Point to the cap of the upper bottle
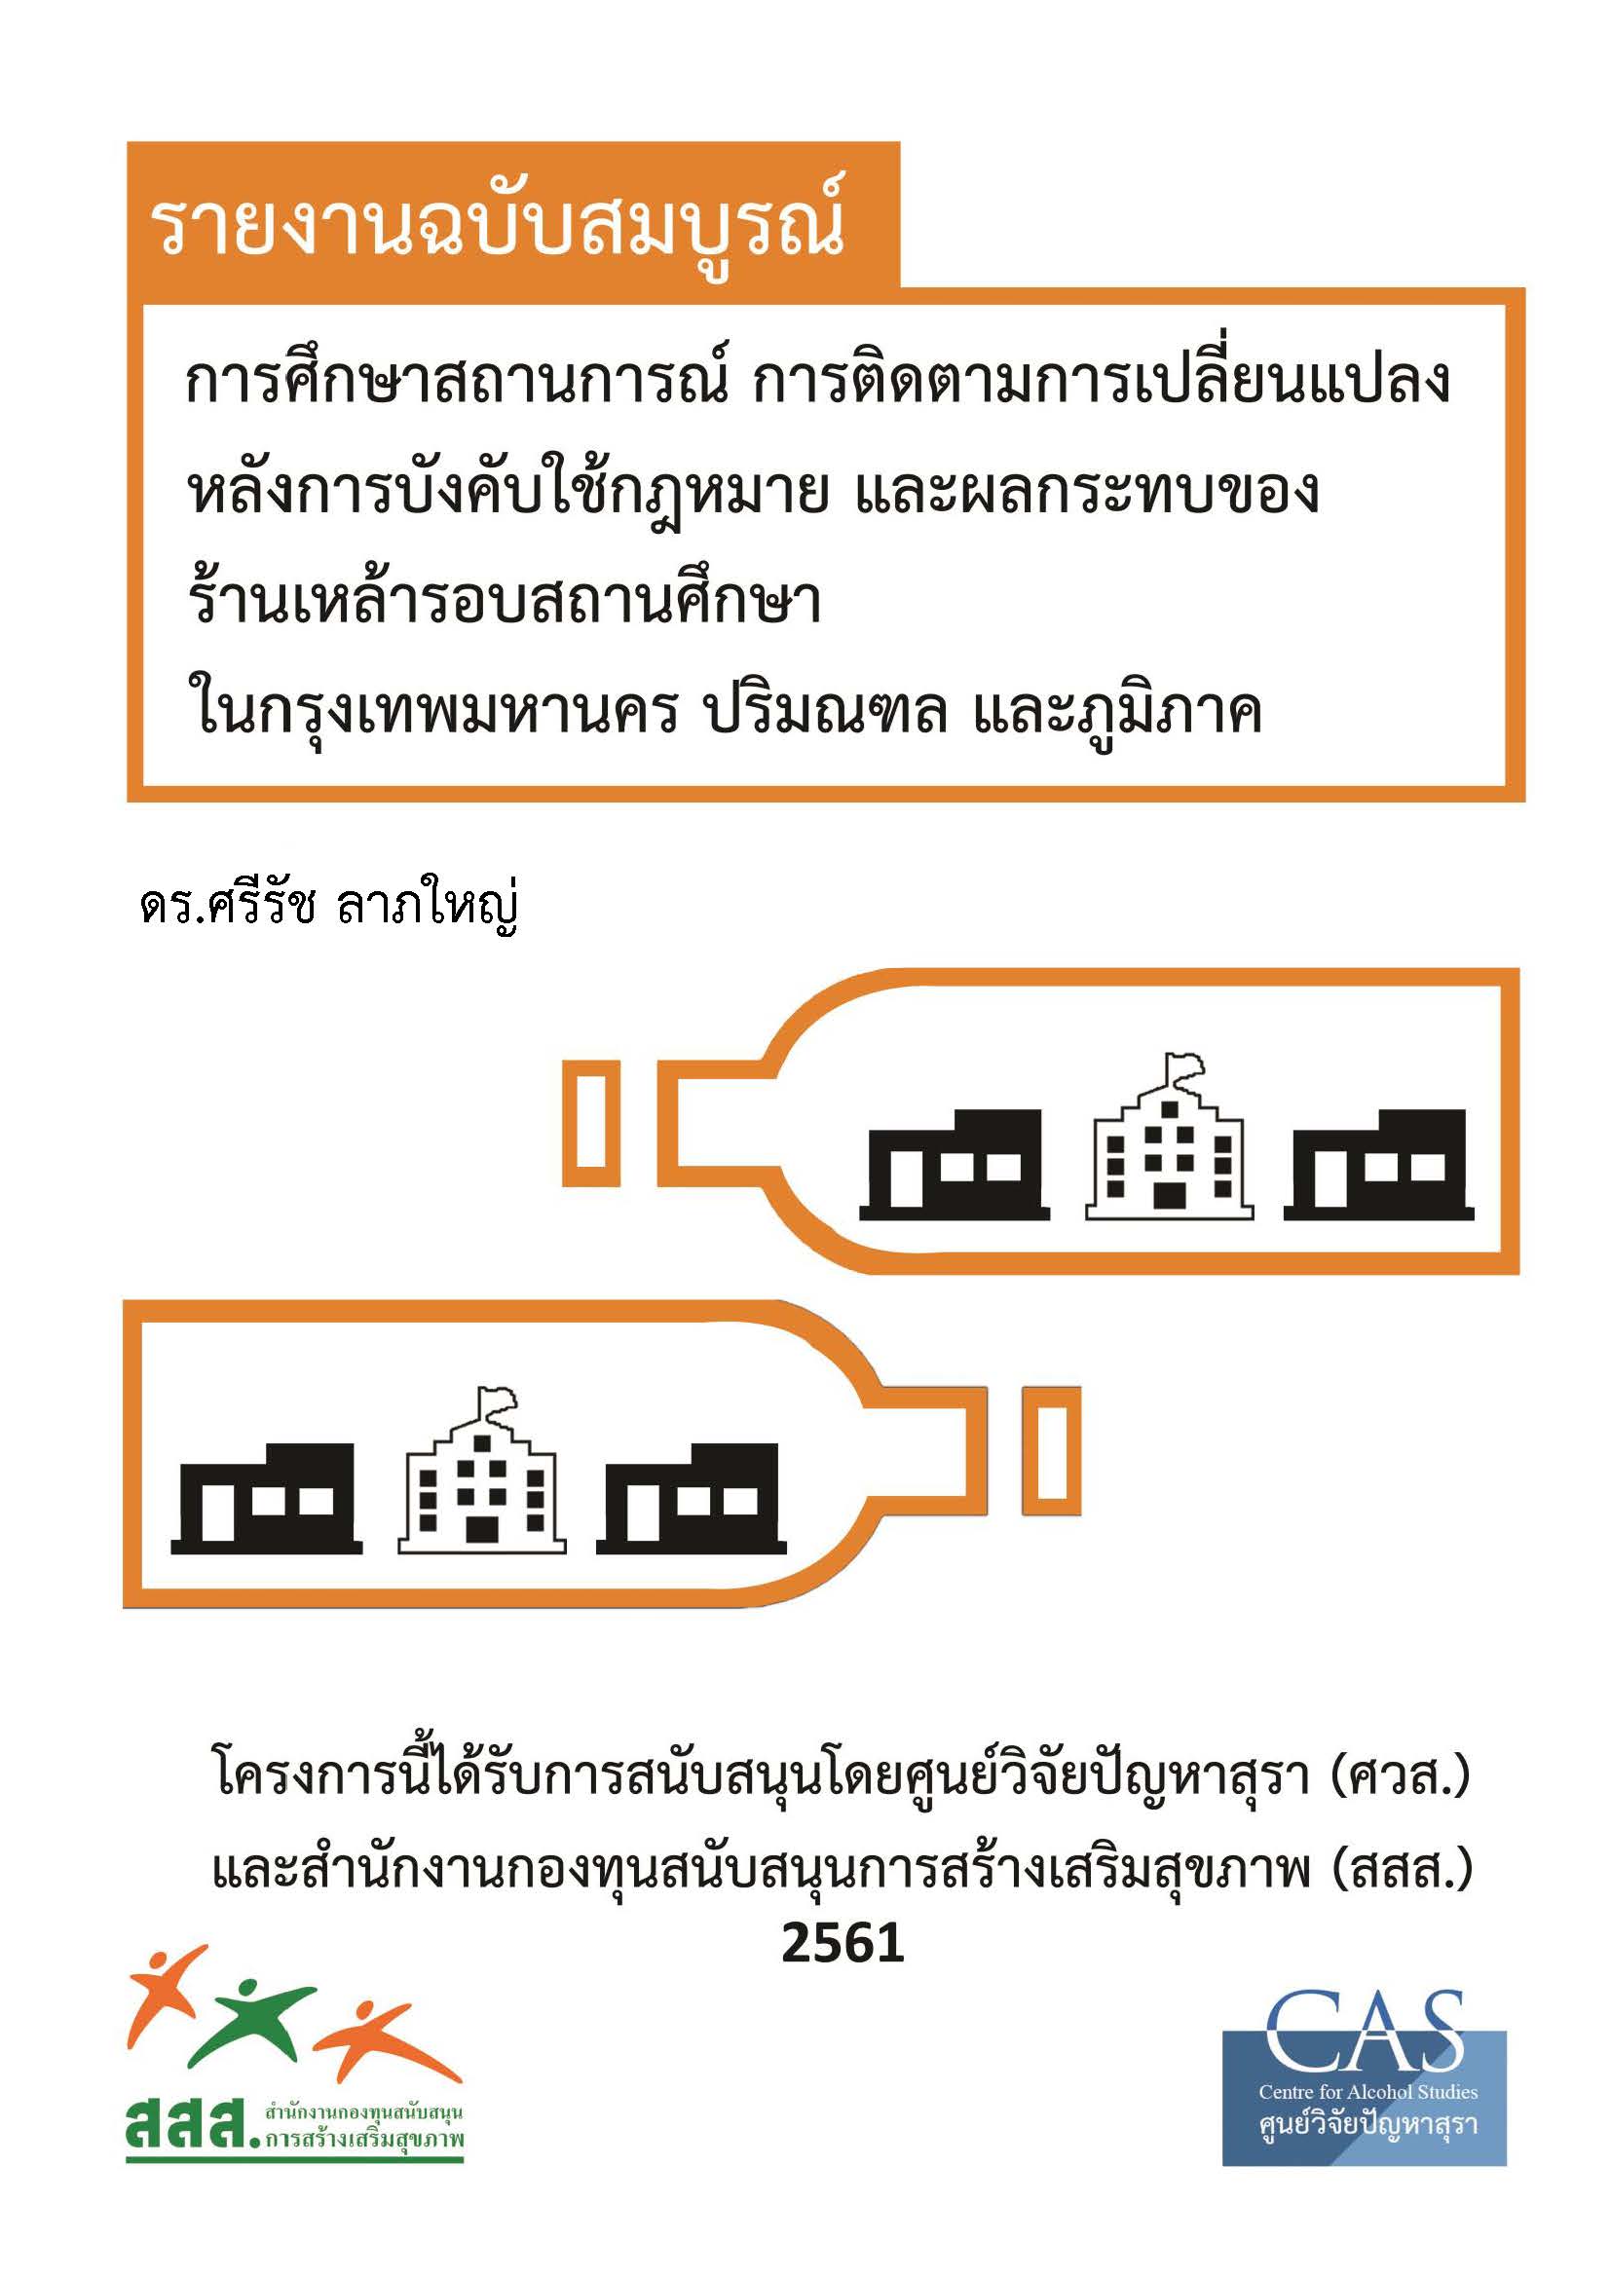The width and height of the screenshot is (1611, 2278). tap(591, 1123)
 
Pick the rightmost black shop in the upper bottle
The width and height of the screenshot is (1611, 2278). tap(1378, 1165)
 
